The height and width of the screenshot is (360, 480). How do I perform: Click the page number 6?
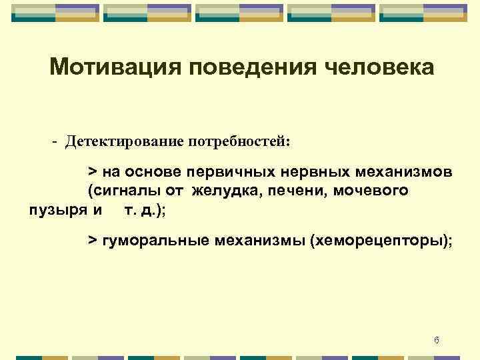coord(436,341)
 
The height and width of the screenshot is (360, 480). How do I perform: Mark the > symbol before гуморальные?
coord(93,240)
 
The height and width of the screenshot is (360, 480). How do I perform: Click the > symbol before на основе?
coord(93,171)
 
